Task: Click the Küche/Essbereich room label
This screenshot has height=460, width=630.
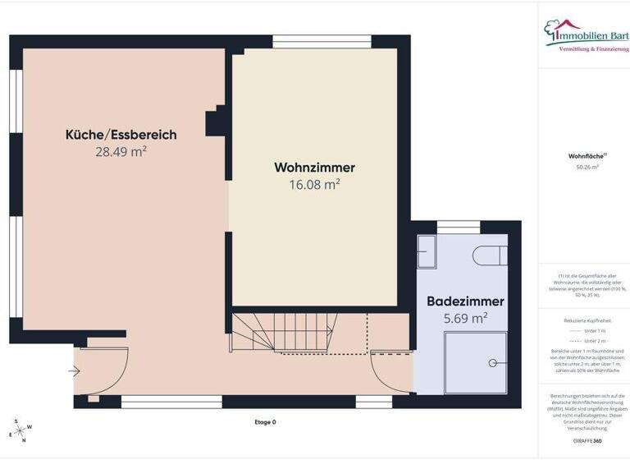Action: [121, 135]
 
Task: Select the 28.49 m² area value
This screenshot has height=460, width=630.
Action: [121, 151]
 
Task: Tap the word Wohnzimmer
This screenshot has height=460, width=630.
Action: [314, 168]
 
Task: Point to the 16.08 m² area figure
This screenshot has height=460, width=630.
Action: [314, 185]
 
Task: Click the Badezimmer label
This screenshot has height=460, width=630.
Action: [465, 301]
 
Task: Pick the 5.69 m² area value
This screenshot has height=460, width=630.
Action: [465, 318]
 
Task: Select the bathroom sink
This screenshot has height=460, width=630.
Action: [428, 251]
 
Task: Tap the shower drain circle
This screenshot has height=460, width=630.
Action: [492, 361]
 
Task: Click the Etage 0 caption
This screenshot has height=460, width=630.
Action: [266, 422]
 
